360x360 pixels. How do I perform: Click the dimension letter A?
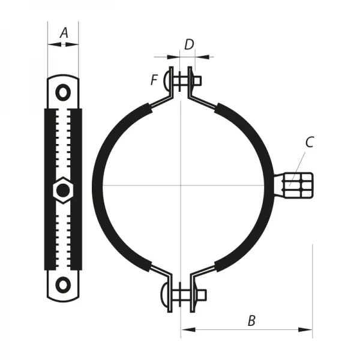[64, 34]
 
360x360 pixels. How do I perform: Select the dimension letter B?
[251, 320]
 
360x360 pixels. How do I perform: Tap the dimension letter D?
[188, 44]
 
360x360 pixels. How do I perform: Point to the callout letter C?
[310, 142]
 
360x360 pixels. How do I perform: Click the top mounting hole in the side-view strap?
[63, 92]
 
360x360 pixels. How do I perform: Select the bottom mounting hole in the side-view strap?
[63, 283]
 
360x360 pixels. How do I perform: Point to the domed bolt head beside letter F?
[167, 80]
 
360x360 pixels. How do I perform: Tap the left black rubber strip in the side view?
[50, 180]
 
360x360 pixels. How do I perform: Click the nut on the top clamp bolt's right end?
[197, 80]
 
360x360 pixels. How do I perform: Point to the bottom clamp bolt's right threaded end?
[202, 295]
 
